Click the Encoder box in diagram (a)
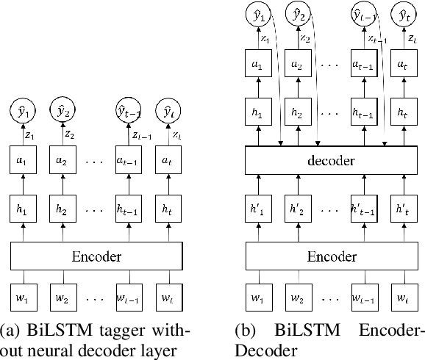[96, 257]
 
